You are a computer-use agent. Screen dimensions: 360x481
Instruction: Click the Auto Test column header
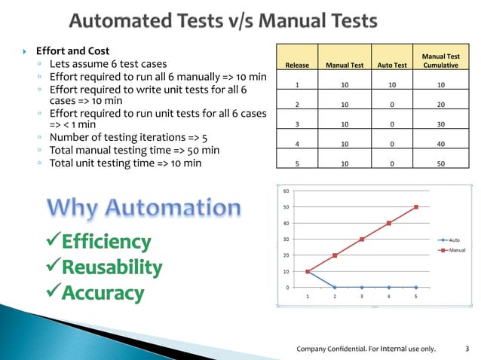(391, 66)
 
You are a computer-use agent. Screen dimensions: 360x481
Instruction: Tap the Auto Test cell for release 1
(391, 85)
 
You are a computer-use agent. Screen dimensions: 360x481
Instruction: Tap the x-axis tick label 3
(362, 297)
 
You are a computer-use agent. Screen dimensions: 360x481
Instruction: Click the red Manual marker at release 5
(416, 207)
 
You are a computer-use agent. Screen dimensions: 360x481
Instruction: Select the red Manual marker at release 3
(362, 239)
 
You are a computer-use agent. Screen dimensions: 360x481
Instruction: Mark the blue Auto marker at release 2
(334, 287)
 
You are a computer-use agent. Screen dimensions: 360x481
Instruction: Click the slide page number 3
(467, 348)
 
